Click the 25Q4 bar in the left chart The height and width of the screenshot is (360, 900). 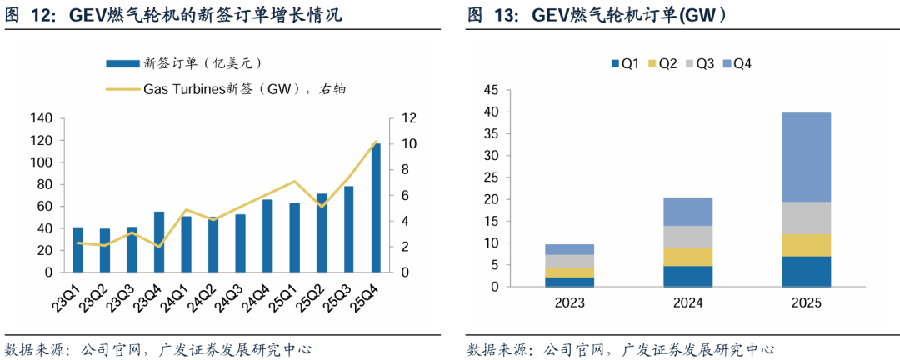click(376, 208)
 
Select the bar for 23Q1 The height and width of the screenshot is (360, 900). click(77, 250)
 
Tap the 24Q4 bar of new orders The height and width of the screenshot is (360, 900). click(267, 236)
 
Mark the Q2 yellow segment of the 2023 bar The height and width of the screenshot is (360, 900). click(570, 272)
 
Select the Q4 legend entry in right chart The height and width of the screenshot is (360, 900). click(737, 63)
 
